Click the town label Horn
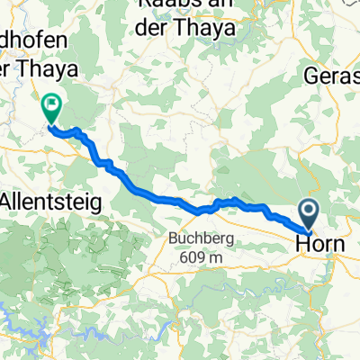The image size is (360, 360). (x=314, y=243)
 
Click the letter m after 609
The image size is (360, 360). (x=210, y=258)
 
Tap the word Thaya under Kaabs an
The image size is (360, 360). (x=208, y=30)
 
